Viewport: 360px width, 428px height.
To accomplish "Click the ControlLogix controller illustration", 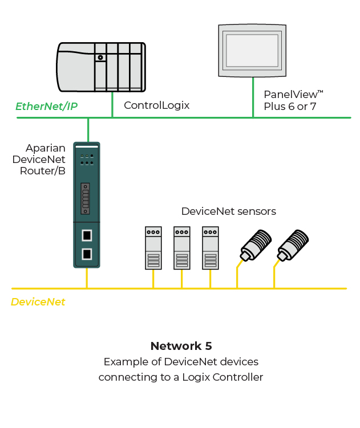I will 101,66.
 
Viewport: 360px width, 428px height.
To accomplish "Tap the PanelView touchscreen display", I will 252,50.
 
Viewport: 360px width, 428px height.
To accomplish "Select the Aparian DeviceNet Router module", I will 87,205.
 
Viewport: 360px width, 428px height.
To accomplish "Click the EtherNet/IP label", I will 46,106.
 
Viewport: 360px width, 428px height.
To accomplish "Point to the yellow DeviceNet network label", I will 38,302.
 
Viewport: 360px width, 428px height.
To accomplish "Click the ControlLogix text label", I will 156,105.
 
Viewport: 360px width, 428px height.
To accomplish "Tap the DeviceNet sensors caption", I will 228,211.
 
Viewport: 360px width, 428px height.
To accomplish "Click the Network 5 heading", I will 181,346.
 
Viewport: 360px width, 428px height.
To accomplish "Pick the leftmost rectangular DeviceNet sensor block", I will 153,248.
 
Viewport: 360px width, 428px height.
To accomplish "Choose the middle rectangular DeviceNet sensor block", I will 182,248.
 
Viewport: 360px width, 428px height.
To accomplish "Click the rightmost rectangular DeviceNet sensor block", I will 211,248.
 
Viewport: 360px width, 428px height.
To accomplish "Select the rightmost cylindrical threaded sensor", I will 293,244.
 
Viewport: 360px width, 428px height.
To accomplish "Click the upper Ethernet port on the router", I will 87,235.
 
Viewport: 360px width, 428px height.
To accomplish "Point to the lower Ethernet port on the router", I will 87,254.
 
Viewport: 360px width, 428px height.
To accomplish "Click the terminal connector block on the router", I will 86,198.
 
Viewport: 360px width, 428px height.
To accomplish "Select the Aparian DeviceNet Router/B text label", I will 39,159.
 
